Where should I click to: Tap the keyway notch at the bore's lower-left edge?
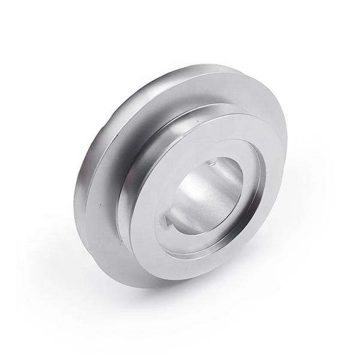(x=163, y=224)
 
